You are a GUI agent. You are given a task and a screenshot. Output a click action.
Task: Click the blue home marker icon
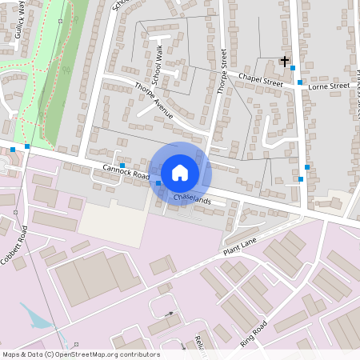click(x=180, y=172)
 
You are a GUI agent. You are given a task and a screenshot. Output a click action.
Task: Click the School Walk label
click(x=158, y=61)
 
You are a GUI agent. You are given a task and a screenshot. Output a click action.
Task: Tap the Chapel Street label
click(x=261, y=79)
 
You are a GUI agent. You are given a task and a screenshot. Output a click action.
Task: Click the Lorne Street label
click(x=329, y=85)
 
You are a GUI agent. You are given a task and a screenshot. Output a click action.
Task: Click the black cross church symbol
click(x=284, y=61)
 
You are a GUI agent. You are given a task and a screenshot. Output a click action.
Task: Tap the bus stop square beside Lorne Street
click(x=300, y=82)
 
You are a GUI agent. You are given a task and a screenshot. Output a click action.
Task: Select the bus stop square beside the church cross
click(x=293, y=68)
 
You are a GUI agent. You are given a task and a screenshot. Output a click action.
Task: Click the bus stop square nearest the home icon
click(x=158, y=183)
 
